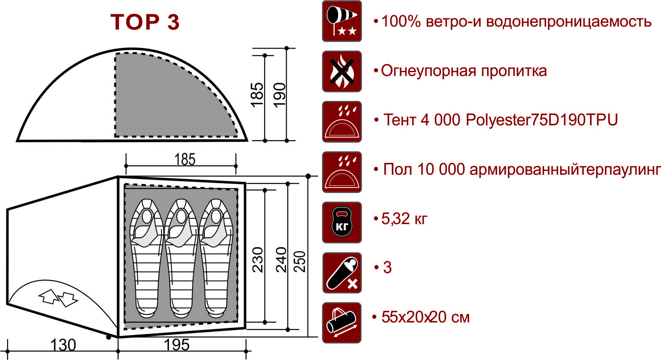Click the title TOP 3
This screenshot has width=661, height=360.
[x=145, y=22]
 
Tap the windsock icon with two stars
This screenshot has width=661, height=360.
[x=342, y=21]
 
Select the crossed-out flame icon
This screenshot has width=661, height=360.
[x=342, y=71]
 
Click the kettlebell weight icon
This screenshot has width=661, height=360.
[x=342, y=222]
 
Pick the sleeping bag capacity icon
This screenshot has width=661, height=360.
[x=342, y=273]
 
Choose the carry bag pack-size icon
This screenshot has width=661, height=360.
[x=342, y=323]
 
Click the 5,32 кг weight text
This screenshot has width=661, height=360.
[x=404, y=219]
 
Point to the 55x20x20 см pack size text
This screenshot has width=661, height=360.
[x=425, y=317]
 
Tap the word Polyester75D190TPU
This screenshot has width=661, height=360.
[x=542, y=120]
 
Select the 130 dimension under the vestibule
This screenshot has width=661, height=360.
[x=63, y=345]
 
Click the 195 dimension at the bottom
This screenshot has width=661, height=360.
[x=176, y=345]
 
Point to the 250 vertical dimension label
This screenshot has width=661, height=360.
[x=299, y=261]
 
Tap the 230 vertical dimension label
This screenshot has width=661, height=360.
[x=257, y=260]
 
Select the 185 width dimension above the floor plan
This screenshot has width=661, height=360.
[x=185, y=160]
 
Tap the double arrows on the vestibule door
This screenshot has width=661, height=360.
[x=58, y=298]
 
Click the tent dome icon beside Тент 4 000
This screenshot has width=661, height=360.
[x=342, y=122]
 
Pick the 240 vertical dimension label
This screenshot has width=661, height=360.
[x=281, y=260]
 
